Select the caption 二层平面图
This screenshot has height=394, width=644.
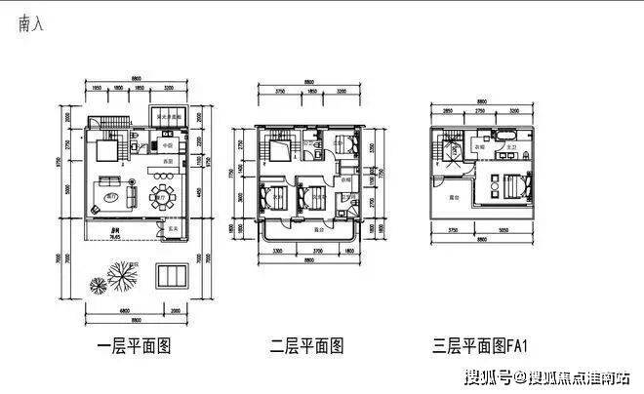click(x=308, y=344)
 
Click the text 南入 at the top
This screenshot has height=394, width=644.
click(x=30, y=26)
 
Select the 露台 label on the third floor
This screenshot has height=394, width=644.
click(x=455, y=197)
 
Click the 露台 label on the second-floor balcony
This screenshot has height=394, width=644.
click(x=318, y=229)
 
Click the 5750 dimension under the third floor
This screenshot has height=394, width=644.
click(x=455, y=230)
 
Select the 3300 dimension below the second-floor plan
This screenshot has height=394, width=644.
click(x=277, y=251)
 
